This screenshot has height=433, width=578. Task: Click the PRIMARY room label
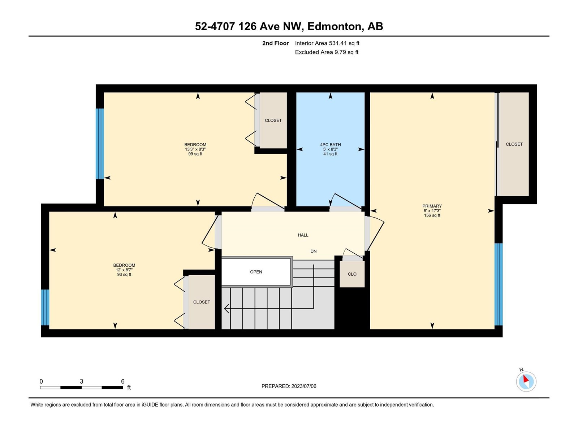point(432,206)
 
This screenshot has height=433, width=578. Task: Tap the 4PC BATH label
point(330,145)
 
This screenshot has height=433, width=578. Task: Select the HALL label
point(303,235)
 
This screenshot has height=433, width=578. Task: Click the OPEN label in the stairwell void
point(256,272)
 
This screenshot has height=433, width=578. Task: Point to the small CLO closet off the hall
point(352,274)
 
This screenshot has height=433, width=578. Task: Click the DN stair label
point(313,251)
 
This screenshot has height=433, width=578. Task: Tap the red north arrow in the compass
point(526,379)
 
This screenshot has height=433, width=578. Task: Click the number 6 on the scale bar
point(123,381)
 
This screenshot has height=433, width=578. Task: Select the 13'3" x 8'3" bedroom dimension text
point(195,149)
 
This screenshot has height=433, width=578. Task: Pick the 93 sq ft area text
point(124,275)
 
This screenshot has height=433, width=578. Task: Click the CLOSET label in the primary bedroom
point(514,144)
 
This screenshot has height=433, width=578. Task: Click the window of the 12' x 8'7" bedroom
point(45,307)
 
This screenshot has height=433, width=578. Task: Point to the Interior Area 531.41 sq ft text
point(327,43)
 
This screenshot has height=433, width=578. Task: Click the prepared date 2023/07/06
point(303,386)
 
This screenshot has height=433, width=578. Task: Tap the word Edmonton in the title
point(335,26)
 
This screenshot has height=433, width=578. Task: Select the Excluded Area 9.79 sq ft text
point(327,52)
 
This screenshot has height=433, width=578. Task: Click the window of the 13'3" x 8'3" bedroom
point(100,144)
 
